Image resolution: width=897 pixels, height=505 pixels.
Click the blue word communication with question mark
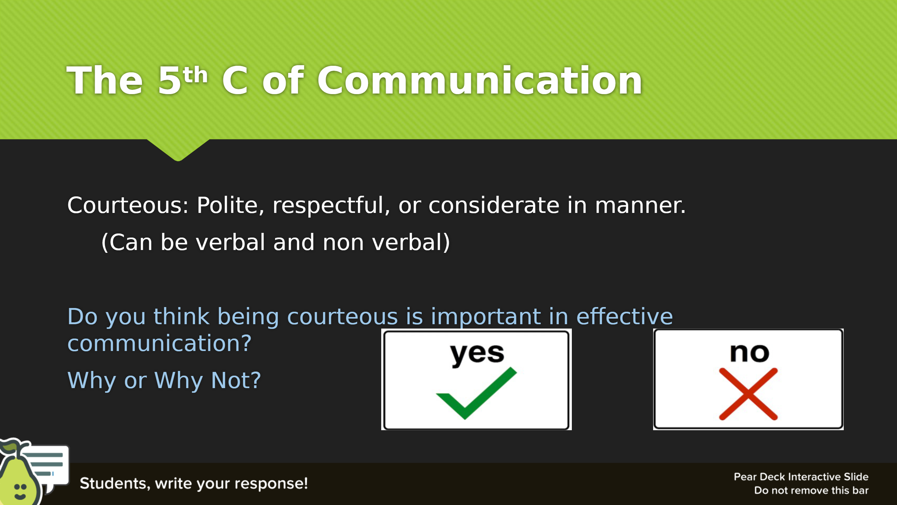pyautogui.click(x=159, y=343)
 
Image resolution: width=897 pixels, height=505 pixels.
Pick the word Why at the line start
pyautogui.click(x=92, y=381)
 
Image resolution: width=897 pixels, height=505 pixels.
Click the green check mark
pyautogui.click(x=476, y=393)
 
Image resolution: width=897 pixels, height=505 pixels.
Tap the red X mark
pyautogui.click(x=748, y=394)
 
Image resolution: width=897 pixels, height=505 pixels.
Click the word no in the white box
pyautogui.click(x=749, y=353)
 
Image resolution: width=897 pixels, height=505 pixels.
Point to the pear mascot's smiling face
pyautogui.click(x=20, y=491)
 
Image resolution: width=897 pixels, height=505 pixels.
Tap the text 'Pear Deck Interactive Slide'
pyautogui.click(x=801, y=477)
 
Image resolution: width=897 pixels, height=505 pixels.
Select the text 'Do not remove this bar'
pyautogui.click(x=811, y=490)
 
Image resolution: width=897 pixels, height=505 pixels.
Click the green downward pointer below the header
pyautogui.click(x=178, y=150)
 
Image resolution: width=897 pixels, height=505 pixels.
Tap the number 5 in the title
pyautogui.click(x=169, y=80)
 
